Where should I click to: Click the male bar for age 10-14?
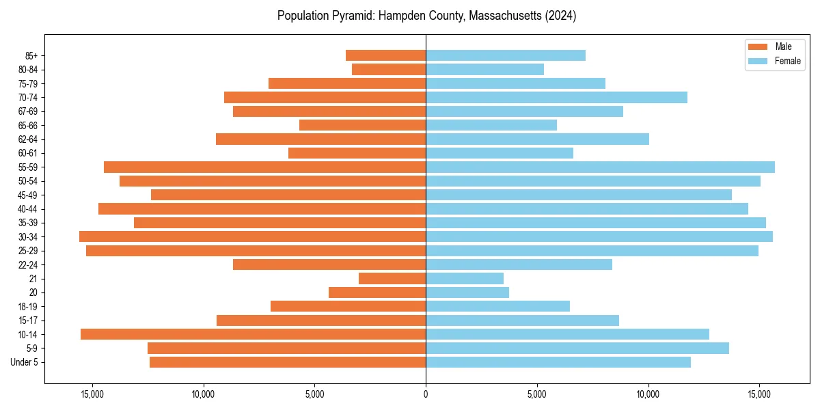point(253,334)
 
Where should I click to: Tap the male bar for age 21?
point(392,278)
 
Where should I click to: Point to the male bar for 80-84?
point(389,69)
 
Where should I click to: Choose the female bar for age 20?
point(467,292)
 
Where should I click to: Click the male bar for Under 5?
point(288,362)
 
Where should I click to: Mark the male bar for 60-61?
point(357,153)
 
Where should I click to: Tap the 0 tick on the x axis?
point(426,394)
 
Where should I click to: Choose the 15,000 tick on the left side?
point(92,394)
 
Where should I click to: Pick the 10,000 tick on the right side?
point(648,394)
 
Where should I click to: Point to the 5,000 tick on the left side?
point(314,394)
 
